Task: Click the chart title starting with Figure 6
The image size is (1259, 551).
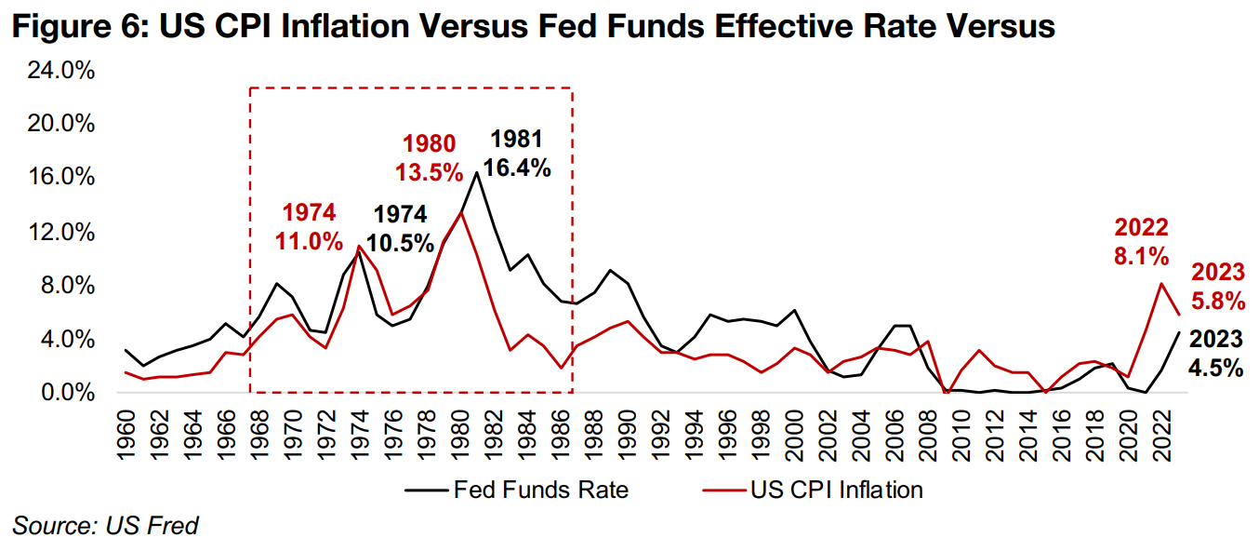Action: pyautogui.click(x=534, y=27)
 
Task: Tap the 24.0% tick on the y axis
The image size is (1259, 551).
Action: pyautogui.click(x=57, y=71)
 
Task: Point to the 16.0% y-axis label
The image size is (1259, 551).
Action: pyautogui.click(x=57, y=178)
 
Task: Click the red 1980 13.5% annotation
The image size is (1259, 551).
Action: pyautogui.click(x=430, y=158)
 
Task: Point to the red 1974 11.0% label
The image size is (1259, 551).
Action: pyautogui.click(x=309, y=226)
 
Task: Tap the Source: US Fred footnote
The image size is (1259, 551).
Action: pyautogui.click(x=106, y=525)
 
